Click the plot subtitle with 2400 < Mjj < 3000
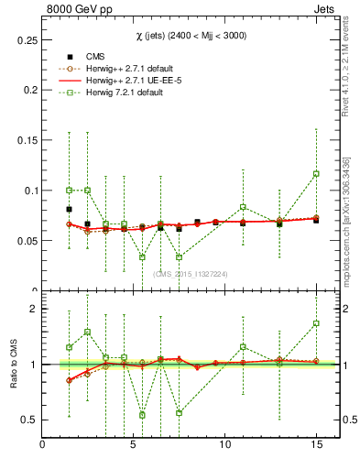(191, 34)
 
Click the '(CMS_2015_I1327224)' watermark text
(191, 273)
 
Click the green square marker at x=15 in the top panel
(316, 173)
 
